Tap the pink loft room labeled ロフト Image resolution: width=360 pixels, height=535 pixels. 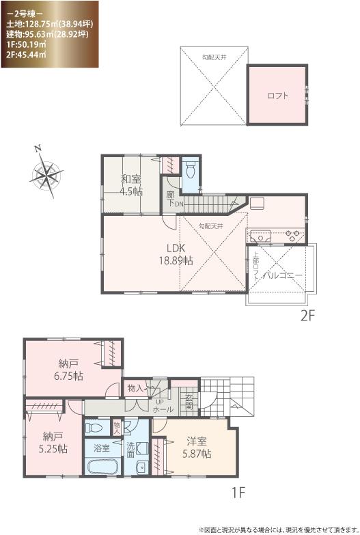(x=277, y=96)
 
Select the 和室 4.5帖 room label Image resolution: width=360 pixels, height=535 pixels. (x=132, y=185)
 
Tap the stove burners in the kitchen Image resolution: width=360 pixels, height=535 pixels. (x=293, y=236)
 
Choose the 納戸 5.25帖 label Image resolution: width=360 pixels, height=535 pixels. (x=53, y=442)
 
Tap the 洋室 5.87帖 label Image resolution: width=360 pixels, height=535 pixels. (x=197, y=447)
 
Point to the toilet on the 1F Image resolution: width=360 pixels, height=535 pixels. (x=96, y=428)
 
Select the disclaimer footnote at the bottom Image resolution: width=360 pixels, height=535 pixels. (x=278, y=528)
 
